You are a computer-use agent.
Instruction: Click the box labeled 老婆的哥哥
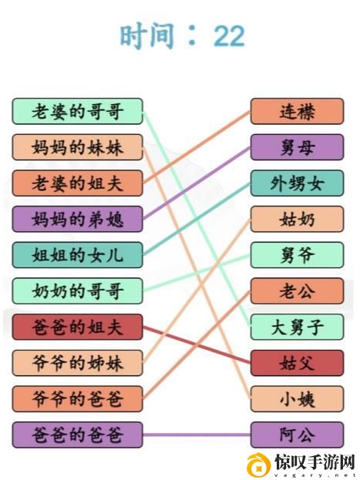(x=78, y=111)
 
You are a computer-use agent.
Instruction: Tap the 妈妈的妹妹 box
(x=78, y=147)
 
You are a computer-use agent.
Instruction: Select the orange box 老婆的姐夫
(x=78, y=183)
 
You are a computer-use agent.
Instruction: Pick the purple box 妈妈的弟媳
(x=78, y=219)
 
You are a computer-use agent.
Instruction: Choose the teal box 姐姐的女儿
(x=78, y=255)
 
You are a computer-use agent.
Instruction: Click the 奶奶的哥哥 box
(x=78, y=290)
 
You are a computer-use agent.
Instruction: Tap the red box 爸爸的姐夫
(x=78, y=327)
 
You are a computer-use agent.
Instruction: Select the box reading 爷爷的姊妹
(x=78, y=363)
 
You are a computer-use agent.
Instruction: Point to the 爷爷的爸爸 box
(x=78, y=399)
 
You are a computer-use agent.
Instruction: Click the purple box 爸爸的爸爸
(x=78, y=435)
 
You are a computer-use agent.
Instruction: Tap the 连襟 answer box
(x=297, y=111)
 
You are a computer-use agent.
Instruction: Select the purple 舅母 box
(x=297, y=147)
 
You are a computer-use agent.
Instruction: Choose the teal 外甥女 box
(x=297, y=183)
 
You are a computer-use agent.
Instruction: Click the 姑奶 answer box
(x=297, y=219)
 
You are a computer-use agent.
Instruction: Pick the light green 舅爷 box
(x=297, y=255)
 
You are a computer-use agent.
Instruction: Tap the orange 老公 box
(x=297, y=290)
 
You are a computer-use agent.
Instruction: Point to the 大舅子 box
(x=297, y=327)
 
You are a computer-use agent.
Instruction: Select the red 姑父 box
(x=297, y=363)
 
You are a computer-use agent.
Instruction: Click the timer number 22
(x=229, y=36)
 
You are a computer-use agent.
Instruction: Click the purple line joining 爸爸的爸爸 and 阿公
(x=197, y=435)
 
